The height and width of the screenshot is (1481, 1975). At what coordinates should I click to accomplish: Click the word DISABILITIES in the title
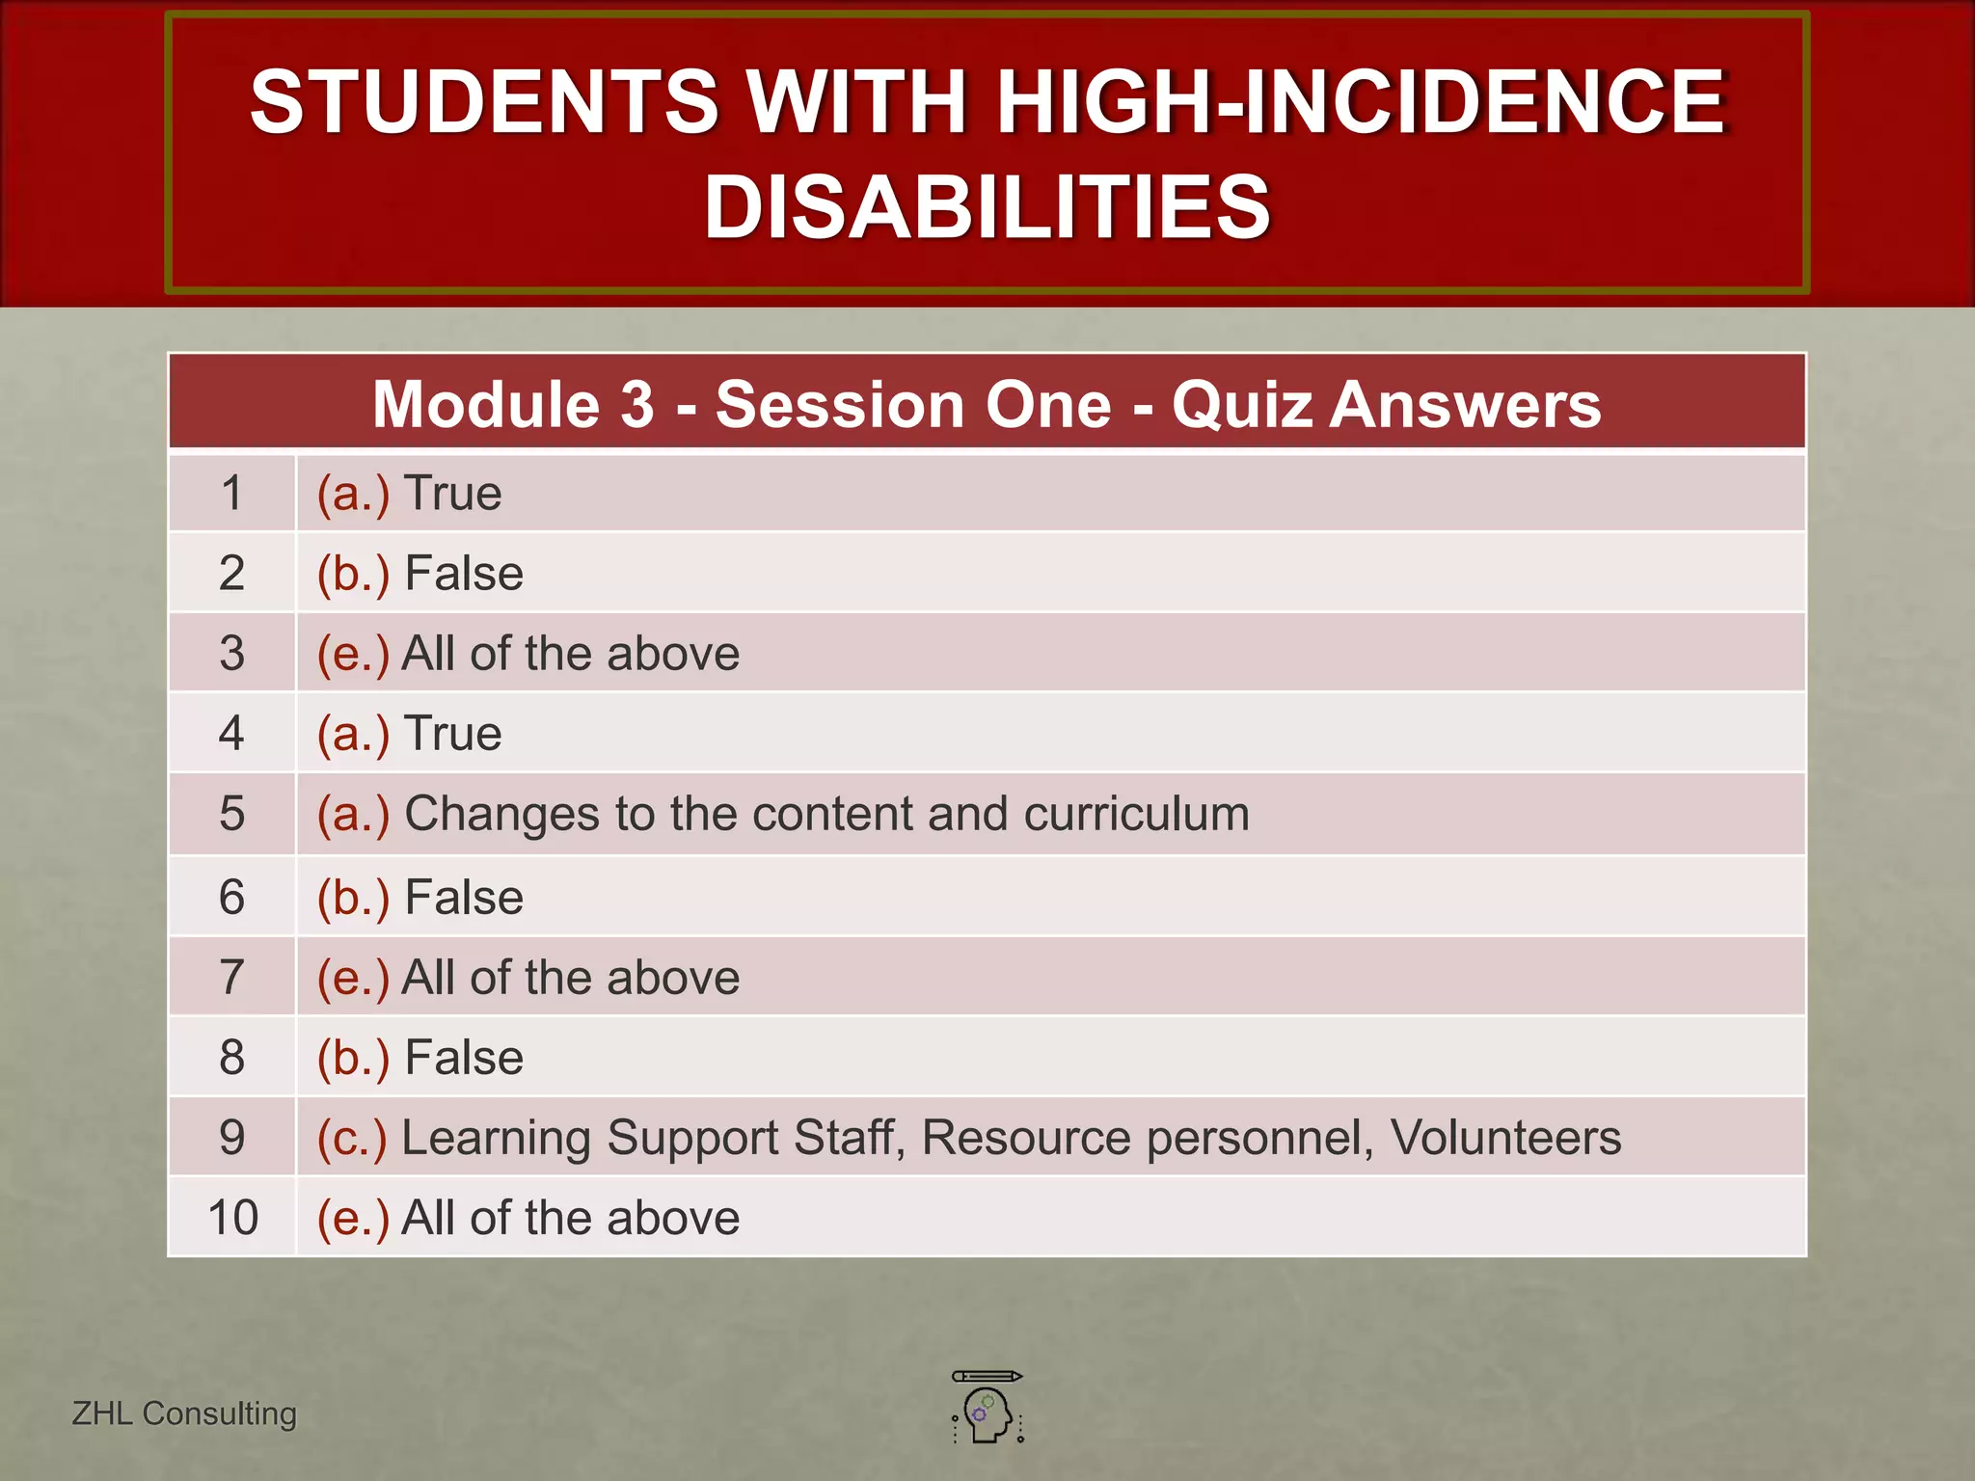tap(987, 207)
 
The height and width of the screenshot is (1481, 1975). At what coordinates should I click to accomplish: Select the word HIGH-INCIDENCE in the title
tap(1360, 102)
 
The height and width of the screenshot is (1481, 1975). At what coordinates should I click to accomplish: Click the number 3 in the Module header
tap(637, 404)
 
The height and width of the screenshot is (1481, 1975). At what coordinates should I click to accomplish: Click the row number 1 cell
tap(231, 494)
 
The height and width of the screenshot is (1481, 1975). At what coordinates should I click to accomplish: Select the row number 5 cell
tap(231, 814)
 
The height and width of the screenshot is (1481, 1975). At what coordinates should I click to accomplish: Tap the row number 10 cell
tap(232, 1218)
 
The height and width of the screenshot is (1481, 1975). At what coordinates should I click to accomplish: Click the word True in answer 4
tap(453, 734)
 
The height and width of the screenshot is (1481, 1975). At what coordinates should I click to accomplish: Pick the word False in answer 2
tap(464, 574)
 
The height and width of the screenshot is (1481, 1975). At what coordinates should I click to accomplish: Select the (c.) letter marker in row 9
tap(352, 1138)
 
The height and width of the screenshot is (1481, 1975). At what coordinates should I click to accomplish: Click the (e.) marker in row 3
tap(353, 654)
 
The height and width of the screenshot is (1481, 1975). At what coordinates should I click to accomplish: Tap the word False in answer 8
tap(464, 1058)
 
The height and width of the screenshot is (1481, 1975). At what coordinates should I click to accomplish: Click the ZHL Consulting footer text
tap(184, 1414)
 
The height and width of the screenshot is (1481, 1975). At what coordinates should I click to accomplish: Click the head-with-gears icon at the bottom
tap(987, 1410)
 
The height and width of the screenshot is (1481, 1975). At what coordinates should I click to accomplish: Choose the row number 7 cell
tap(231, 978)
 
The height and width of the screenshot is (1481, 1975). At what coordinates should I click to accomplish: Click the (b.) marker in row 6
tap(353, 898)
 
